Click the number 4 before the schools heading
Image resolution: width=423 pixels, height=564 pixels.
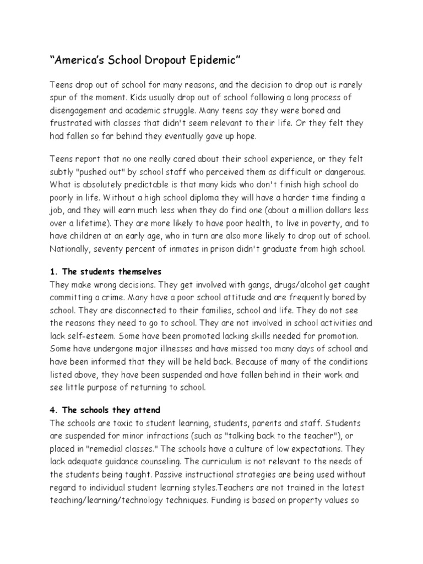pyautogui.click(x=53, y=410)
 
